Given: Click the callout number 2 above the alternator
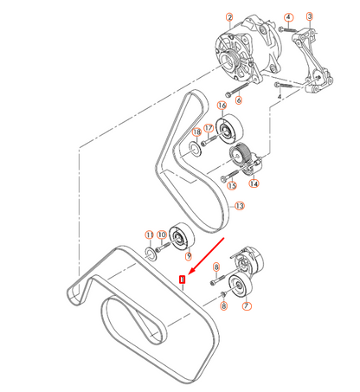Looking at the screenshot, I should pos(229,17).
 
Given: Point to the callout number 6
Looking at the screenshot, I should pos(238,100).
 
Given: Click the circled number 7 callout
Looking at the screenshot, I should pos(247,306).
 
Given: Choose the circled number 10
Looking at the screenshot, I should pos(164,235).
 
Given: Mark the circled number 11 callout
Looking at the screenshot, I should pos(149,235).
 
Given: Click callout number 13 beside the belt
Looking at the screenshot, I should pos(240,206).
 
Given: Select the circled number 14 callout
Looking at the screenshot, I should pos(254,183).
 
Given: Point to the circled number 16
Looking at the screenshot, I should pos(221,106).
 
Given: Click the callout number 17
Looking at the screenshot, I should pos(208,128).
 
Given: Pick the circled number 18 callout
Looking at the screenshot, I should pos(196,132).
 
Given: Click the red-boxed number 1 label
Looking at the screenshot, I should pos(181,280).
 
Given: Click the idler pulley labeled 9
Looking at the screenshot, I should pos(183,236).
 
